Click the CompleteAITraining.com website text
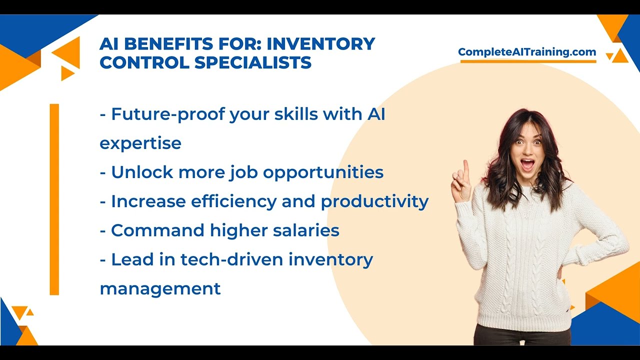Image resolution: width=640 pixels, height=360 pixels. click(527, 52)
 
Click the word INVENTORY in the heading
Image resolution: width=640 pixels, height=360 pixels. click(320, 44)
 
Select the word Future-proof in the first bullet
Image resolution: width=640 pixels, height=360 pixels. click(167, 114)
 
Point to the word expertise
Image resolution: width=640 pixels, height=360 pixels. click(140, 143)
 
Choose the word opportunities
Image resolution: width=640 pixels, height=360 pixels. click(323, 172)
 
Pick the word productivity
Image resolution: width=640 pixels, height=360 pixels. click(374, 201)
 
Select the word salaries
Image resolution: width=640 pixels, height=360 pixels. click(306, 230)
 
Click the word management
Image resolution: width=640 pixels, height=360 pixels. click(160, 288)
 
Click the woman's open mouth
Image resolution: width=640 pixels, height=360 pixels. click(527, 163)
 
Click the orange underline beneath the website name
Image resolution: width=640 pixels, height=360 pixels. click(528, 61)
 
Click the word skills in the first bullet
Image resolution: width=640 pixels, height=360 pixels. click(295, 114)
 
